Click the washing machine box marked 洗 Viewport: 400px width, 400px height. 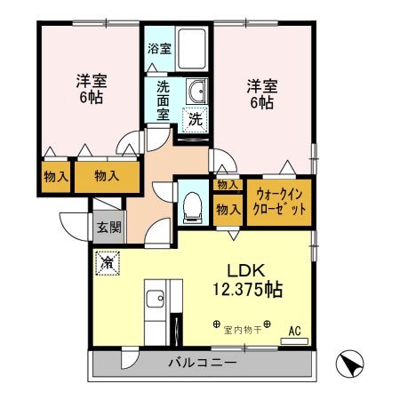click(x=194, y=118)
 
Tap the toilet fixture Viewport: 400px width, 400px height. click(x=190, y=204)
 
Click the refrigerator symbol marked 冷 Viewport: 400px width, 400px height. click(x=107, y=264)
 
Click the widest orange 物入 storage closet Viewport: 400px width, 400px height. click(x=107, y=176)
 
